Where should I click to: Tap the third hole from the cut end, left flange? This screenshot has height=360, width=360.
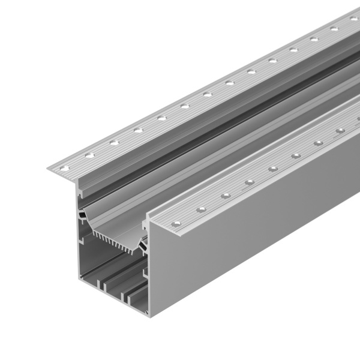114,142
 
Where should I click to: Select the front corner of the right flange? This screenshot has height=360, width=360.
150,223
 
